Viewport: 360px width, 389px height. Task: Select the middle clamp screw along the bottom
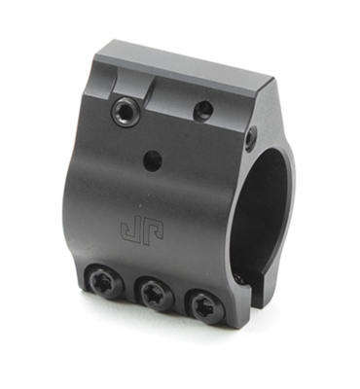click(x=151, y=293)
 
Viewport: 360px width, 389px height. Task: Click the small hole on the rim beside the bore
click(x=251, y=134)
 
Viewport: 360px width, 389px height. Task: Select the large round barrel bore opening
click(x=263, y=204)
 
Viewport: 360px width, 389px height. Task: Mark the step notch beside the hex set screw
click(x=148, y=90)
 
